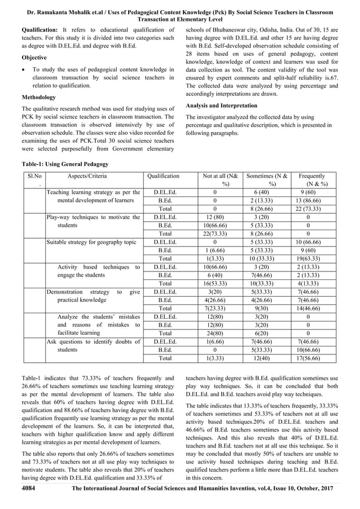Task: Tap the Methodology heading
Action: (x=40, y=97)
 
